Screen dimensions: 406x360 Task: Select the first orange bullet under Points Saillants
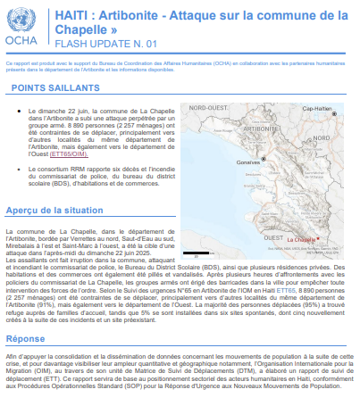[20, 112]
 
